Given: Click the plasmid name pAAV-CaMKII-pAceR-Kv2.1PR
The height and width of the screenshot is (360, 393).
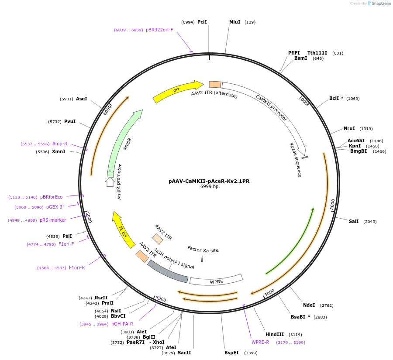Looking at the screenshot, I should [209, 181].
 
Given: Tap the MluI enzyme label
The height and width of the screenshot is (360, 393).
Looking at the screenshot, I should [235, 22].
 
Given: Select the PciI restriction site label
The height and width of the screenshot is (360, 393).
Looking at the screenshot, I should [202, 22].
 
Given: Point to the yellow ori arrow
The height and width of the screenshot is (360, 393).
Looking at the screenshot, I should [178, 91].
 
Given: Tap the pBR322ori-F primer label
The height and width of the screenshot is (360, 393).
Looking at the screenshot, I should [159, 30].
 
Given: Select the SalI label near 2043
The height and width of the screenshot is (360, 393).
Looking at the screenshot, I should [354, 221].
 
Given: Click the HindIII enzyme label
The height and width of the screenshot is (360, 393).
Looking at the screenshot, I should [275, 334].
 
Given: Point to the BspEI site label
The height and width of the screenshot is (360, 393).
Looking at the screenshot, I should [232, 353].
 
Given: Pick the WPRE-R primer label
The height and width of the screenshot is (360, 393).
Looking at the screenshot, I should [260, 342].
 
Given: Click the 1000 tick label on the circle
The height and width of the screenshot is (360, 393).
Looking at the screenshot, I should [303, 100].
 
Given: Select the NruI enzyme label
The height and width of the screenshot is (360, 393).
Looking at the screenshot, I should [349, 128].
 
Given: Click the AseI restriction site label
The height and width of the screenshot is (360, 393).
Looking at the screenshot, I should [82, 99].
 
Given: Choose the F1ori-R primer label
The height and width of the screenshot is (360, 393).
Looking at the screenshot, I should [77, 267].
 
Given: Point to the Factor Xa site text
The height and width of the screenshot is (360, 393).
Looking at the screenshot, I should [203, 250].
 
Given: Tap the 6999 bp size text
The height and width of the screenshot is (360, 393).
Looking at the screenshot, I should [209, 187].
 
